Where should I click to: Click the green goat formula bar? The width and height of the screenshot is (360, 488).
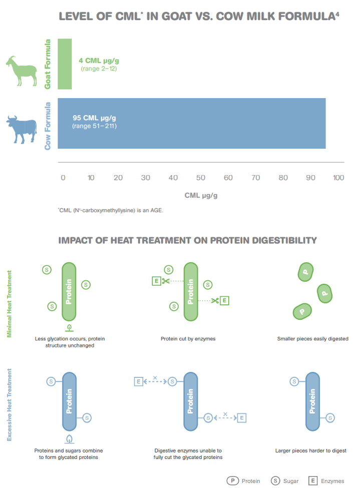[x=65, y=64]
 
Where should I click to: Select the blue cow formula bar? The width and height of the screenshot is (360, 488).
[x=192, y=123]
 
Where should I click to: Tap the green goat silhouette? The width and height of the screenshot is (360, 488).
[x=21, y=71]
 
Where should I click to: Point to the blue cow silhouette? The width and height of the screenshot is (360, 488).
[x=22, y=130]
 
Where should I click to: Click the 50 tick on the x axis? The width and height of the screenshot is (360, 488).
[x=201, y=178]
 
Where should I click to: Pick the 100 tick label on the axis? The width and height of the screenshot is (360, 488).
[x=338, y=178]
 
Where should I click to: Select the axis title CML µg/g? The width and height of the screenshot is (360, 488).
[x=201, y=195]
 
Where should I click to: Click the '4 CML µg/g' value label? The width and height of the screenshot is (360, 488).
[x=99, y=61]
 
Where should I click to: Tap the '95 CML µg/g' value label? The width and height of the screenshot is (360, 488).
[x=94, y=118]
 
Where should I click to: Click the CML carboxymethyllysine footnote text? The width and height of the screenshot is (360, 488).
[x=111, y=210]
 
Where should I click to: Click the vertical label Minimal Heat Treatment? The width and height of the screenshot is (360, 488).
[x=10, y=304]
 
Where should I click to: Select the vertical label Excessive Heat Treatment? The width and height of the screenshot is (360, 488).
[x=10, y=404]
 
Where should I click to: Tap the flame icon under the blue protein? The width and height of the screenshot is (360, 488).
[x=69, y=439]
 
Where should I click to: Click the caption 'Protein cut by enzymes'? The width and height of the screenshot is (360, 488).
[x=188, y=339]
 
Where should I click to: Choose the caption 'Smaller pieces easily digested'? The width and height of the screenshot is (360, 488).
[x=312, y=339]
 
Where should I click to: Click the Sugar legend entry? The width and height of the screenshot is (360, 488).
[x=284, y=481]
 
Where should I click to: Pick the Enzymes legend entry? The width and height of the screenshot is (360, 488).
[x=326, y=481]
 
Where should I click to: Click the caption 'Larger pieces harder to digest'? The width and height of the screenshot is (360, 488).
[x=311, y=450]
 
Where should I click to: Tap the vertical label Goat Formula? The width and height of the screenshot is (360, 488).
[x=48, y=64]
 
